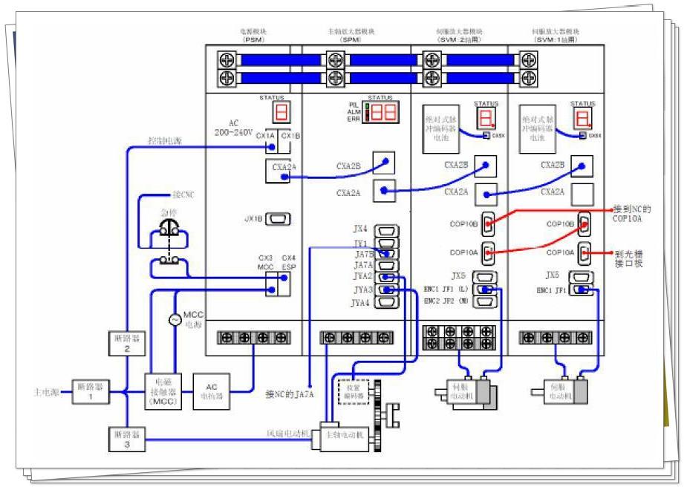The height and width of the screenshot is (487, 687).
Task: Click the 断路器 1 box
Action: coord(90,390)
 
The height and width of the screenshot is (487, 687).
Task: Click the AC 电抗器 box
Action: coord(212,387)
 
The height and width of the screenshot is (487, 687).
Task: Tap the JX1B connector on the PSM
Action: coord(278,220)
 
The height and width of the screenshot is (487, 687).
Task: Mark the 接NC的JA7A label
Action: coord(290,393)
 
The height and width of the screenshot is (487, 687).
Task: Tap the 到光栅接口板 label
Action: coord(628,258)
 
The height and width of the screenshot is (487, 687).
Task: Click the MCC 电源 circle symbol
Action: coord(175,320)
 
